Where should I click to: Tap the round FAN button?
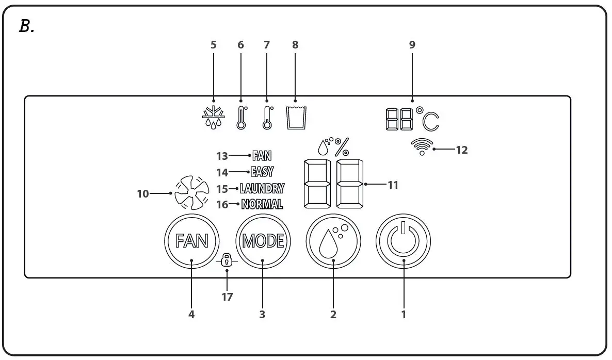(191, 240)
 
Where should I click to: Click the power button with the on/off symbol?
(403, 240)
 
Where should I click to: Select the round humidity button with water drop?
(333, 240)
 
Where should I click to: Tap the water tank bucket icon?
(296, 118)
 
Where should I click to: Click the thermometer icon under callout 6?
(241, 118)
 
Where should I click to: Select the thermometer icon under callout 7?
(267, 118)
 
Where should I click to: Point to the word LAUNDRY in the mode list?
(262, 188)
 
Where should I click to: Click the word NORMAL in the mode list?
(262, 204)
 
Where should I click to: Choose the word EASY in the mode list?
(262, 172)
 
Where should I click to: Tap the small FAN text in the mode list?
(262, 155)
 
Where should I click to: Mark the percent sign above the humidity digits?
(342, 147)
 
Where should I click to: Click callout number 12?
(462, 150)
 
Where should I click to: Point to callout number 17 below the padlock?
(227, 297)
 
